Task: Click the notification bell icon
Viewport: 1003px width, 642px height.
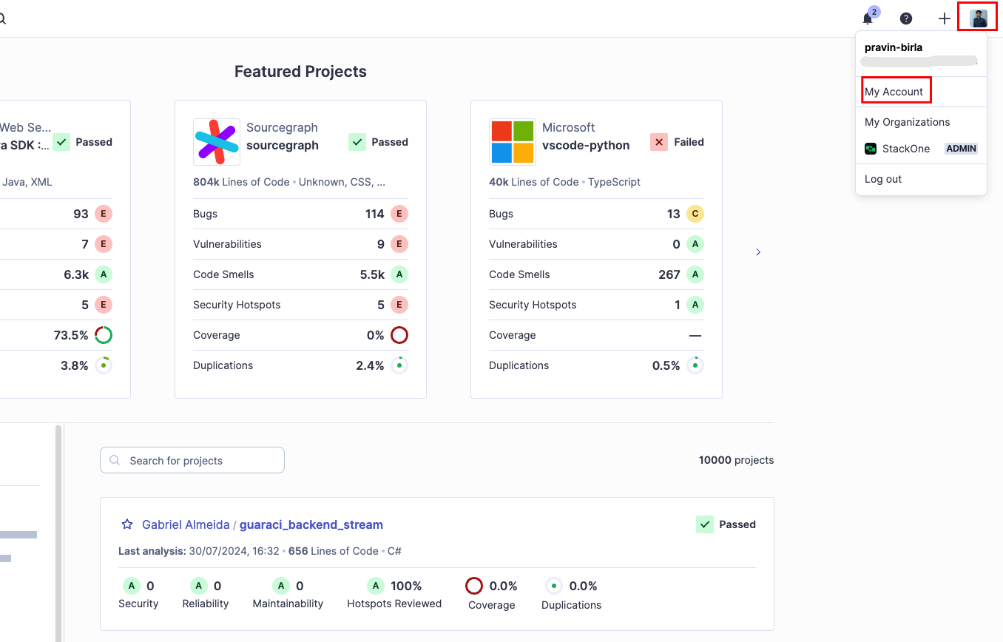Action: (868, 19)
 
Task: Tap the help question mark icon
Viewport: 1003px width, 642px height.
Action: (905, 19)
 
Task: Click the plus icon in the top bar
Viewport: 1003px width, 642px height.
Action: (944, 19)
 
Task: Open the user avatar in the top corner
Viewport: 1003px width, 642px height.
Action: (979, 18)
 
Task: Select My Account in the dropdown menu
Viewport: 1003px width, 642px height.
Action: (894, 92)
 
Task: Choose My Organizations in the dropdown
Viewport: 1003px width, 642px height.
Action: (907, 122)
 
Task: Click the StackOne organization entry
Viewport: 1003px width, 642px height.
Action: (905, 149)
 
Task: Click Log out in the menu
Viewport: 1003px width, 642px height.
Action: (883, 179)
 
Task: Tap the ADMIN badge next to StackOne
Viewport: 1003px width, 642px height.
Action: (962, 149)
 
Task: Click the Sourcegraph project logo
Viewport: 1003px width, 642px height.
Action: (217, 142)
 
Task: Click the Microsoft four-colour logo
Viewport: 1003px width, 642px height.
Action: (513, 142)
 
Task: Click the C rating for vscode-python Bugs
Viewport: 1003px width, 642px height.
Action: (695, 214)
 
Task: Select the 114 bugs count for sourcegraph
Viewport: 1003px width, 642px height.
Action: (374, 214)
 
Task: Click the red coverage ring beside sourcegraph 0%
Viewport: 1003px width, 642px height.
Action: (399, 335)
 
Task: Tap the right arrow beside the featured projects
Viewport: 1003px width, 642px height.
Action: (758, 252)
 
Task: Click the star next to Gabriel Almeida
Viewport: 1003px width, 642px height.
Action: (126, 524)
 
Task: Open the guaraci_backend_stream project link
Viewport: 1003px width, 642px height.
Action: (311, 524)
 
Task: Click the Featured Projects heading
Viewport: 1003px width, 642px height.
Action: (300, 72)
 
